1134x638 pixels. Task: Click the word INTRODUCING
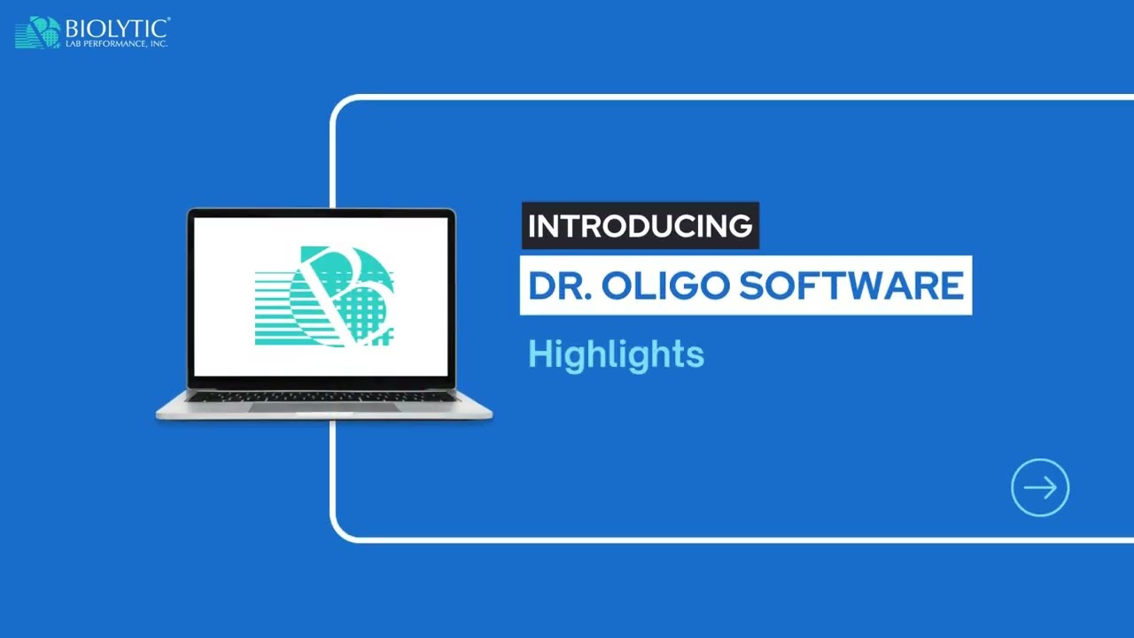[640, 226]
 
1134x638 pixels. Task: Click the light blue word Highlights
[616, 354]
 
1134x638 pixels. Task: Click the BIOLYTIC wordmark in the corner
[117, 28]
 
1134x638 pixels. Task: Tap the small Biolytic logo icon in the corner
[38, 33]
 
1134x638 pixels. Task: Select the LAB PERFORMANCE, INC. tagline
[116, 43]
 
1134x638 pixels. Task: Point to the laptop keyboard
[323, 397]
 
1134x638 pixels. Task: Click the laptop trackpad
[323, 407]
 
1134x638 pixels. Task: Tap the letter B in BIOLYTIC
[72, 28]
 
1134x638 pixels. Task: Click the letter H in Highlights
[538, 354]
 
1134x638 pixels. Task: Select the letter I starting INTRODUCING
[532, 226]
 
